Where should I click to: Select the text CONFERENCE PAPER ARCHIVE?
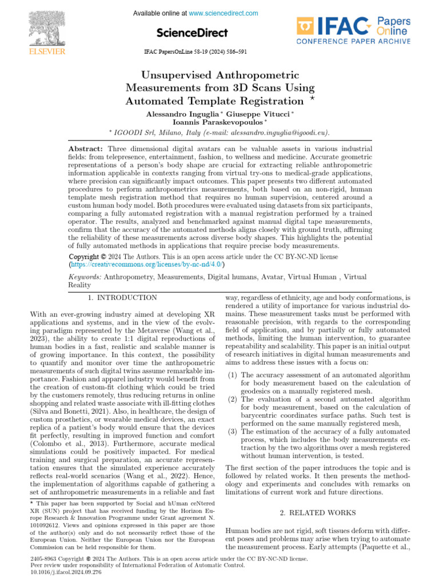click(x=353, y=42)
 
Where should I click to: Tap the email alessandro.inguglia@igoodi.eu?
click(x=279, y=133)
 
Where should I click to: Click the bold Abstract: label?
click(x=85, y=149)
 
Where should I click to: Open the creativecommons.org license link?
click(x=147, y=265)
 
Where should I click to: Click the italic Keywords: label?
click(x=85, y=277)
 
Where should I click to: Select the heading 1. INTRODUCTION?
click(x=122, y=298)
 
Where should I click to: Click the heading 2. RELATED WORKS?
click(x=318, y=513)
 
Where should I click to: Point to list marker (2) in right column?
click(x=232, y=399)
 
